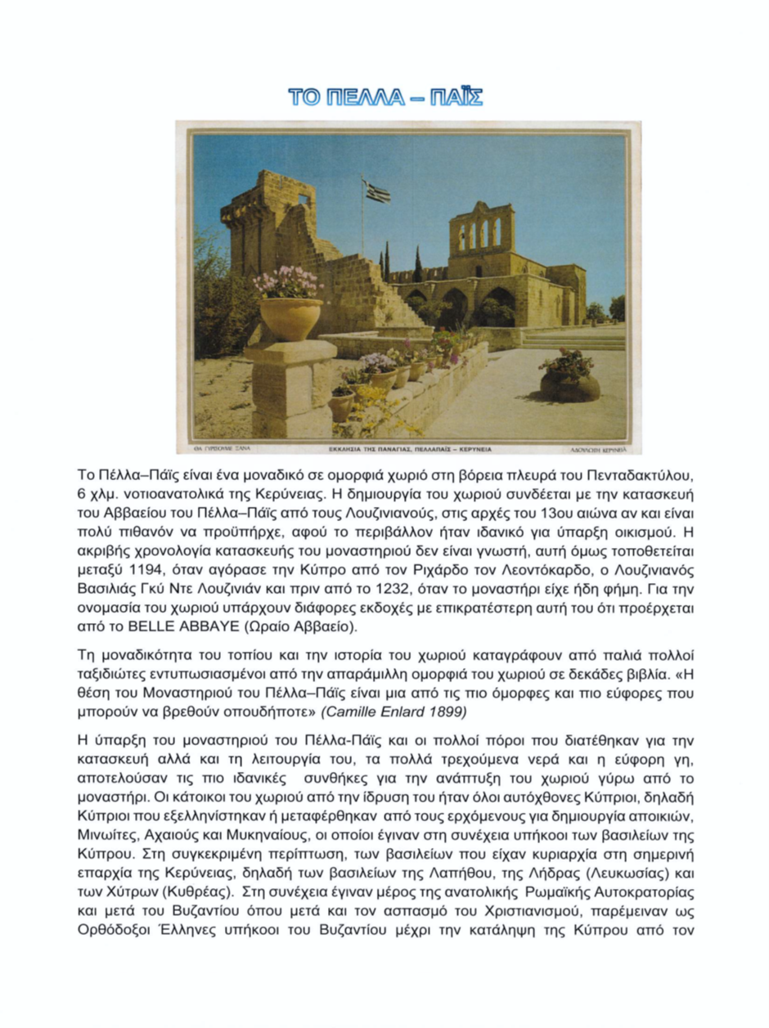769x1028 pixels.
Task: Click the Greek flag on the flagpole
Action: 377,191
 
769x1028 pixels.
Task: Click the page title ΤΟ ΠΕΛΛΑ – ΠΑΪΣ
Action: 384,98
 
